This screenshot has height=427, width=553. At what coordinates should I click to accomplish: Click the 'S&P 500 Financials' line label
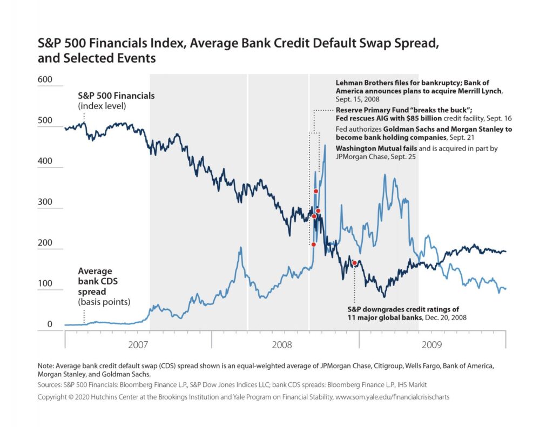coord(117,96)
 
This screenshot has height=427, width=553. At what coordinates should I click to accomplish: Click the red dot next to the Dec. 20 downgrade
coord(354,263)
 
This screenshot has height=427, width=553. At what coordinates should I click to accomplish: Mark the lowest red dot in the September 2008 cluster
coord(314,245)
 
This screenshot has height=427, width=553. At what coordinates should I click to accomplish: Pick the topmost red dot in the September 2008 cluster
coord(316,192)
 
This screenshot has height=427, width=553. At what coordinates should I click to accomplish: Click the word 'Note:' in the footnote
coord(46,365)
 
